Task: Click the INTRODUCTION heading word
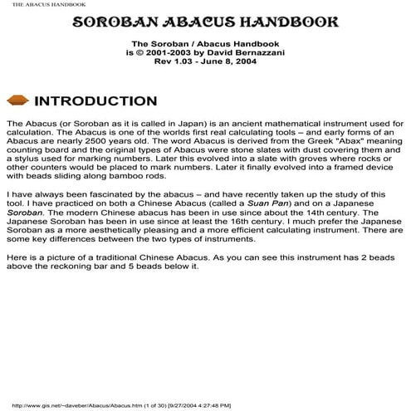[95, 102]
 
